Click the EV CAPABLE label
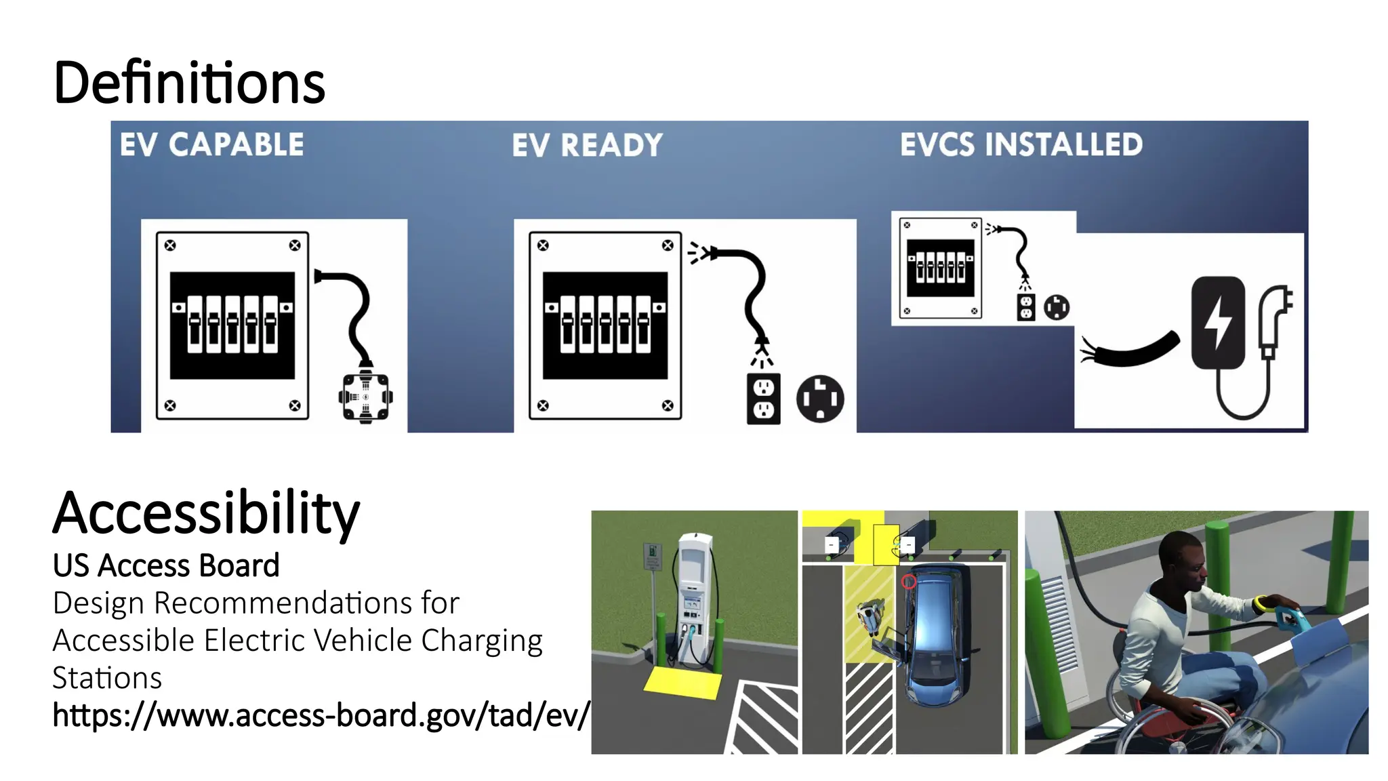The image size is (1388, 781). pyautogui.click(x=212, y=144)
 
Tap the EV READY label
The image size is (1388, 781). pyautogui.click(x=587, y=145)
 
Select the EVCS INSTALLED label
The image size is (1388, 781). pyautogui.click(x=1021, y=144)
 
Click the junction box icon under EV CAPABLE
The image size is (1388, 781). pyautogui.click(x=365, y=397)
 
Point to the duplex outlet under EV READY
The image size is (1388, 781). pyautogui.click(x=763, y=399)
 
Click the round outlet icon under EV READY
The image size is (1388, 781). pyautogui.click(x=820, y=399)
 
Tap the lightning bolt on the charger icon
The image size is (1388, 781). pyautogui.click(x=1218, y=323)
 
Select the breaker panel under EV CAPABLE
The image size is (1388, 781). pyautogui.click(x=232, y=325)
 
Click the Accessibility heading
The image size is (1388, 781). pyautogui.click(x=206, y=513)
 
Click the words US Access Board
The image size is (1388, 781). pyautogui.click(x=166, y=565)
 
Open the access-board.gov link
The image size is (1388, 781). pyautogui.click(x=321, y=715)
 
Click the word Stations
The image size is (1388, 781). pyautogui.click(x=107, y=678)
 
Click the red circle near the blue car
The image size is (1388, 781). pyautogui.click(x=909, y=582)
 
